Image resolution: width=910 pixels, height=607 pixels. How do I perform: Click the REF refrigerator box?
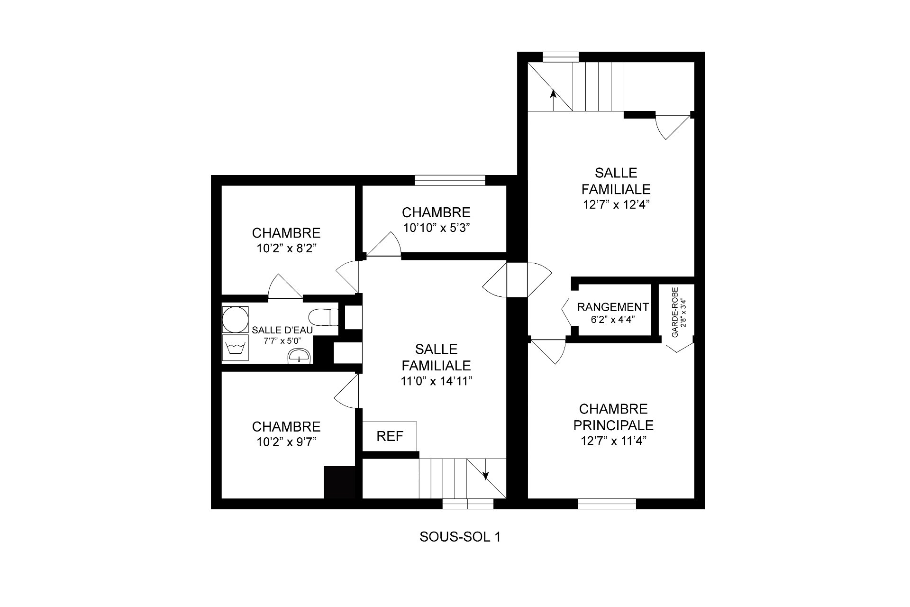pyautogui.click(x=390, y=436)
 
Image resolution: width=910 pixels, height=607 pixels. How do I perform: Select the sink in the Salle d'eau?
pyautogui.click(x=299, y=356)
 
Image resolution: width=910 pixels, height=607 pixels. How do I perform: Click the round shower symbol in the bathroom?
pyautogui.click(x=235, y=319)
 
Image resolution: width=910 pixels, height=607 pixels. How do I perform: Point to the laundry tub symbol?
pyautogui.click(x=235, y=349)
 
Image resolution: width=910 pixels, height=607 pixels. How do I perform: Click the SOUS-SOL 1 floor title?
pyautogui.click(x=460, y=537)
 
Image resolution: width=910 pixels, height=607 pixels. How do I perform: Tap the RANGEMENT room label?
pyautogui.click(x=613, y=307)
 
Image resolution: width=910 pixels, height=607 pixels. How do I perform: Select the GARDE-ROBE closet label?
pyautogui.click(x=675, y=312)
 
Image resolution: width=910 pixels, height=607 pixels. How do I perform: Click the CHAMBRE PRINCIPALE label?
pyautogui.click(x=613, y=417)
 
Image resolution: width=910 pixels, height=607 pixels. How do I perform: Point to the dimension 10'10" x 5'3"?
pyautogui.click(x=436, y=228)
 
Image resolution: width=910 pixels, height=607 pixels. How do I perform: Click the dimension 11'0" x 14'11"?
pyautogui.click(x=436, y=381)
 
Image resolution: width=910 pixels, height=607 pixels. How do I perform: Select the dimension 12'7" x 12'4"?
pyautogui.click(x=616, y=205)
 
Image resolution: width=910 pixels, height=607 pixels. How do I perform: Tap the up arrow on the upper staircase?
pyautogui.click(x=553, y=100)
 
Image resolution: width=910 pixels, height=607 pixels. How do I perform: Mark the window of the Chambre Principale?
pyautogui.click(x=607, y=504)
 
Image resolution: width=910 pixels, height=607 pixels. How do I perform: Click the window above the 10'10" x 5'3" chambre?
pyautogui.click(x=450, y=180)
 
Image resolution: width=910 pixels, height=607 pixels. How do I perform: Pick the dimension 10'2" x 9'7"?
pyautogui.click(x=286, y=442)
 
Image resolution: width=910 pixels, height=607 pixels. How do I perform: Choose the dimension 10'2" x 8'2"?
pyautogui.click(x=286, y=248)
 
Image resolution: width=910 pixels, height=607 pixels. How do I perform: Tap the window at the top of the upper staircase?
pyautogui.click(x=561, y=57)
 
